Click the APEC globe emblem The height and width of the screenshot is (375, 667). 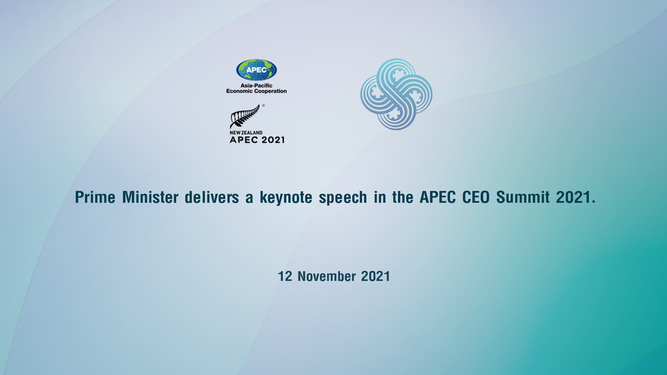(256, 70)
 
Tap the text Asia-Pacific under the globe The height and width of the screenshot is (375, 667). (256, 85)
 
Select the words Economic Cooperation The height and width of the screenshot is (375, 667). (256, 91)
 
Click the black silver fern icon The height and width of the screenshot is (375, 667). (245, 116)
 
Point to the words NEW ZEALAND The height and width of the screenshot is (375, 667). (246, 133)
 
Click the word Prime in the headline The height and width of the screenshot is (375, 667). (95, 197)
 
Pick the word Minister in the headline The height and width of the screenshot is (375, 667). (150, 197)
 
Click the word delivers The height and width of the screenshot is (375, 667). (212, 197)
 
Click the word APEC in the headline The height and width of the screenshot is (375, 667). (438, 197)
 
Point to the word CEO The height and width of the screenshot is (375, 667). (476, 197)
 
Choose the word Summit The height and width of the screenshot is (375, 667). (523, 197)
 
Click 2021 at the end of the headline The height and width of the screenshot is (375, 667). (574, 197)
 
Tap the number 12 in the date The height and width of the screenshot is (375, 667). (285, 276)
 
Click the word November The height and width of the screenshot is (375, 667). (327, 276)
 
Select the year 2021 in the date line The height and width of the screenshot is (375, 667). (376, 276)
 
